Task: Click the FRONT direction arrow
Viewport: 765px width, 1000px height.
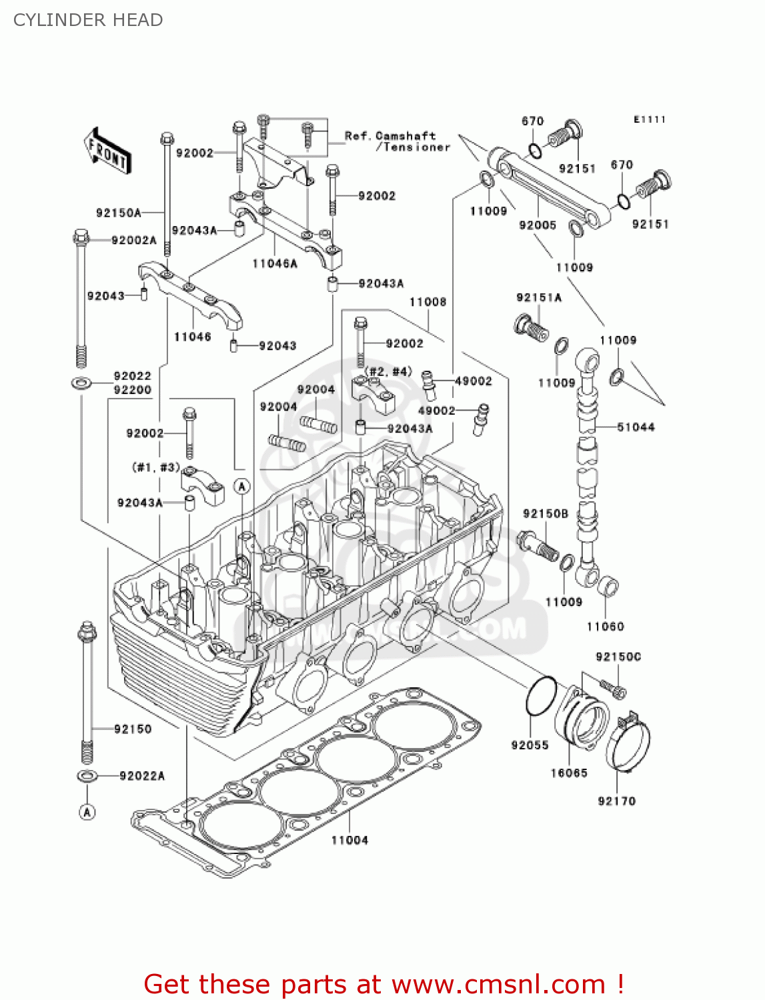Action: pos(107,151)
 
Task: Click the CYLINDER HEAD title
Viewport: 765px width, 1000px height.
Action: pos(88,20)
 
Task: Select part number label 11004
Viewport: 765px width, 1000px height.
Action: pos(349,840)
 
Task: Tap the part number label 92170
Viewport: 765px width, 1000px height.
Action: pos(616,801)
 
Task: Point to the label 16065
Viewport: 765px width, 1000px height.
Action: pos(569,773)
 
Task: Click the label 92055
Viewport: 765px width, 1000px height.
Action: pos(530,745)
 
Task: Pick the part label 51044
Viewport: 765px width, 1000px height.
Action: pos(636,427)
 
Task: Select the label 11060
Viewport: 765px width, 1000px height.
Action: pos(605,626)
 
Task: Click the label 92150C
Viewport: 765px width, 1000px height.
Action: pos(618,657)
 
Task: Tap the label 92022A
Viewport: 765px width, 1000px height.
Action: pos(142,775)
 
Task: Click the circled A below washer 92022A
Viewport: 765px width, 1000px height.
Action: pos(87,811)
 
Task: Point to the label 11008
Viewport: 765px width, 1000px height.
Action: pos(428,302)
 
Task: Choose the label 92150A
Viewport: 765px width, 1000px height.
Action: pos(119,213)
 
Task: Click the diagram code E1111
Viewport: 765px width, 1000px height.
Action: pos(650,119)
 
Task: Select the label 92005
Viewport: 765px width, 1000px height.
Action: pos(538,225)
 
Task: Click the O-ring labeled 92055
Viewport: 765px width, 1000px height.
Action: pos(541,697)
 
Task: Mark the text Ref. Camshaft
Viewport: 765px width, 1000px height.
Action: pos(390,136)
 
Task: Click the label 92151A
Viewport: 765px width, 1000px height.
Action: pos(539,297)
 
